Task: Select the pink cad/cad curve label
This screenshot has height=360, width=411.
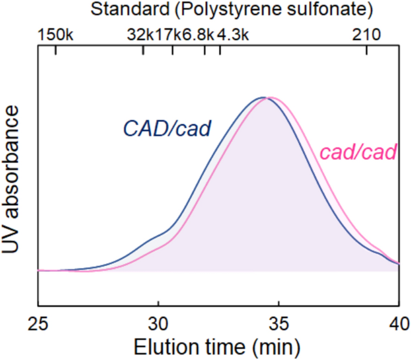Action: point(358,152)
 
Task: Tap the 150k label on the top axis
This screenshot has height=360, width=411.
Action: point(55,35)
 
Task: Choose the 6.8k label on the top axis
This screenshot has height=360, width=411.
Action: point(198,35)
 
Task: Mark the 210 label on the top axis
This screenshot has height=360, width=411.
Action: point(367,35)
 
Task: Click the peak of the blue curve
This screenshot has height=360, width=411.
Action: point(262,97)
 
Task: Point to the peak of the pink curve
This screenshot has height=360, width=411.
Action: point(271,97)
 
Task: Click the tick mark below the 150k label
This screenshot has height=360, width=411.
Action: point(55,50)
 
